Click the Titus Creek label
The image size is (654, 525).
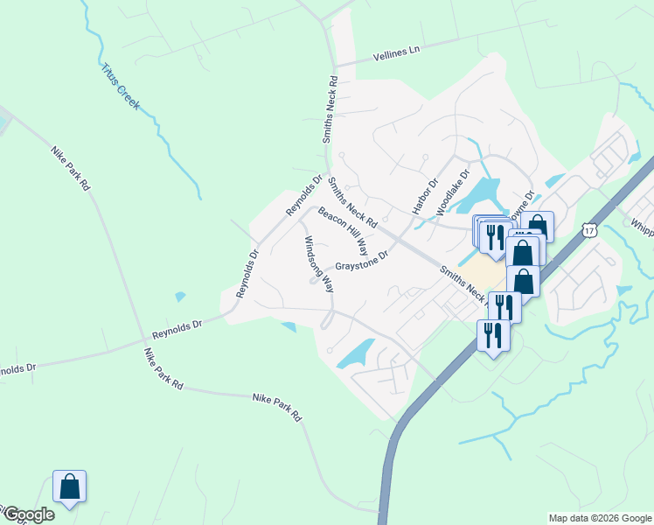[x=121, y=86]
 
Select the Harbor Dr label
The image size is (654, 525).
[x=425, y=197]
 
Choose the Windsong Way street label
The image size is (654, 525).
[x=318, y=263]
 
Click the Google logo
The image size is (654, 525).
[x=28, y=514]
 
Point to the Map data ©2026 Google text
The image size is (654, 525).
[x=599, y=518]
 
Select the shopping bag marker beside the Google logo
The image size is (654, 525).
[x=69, y=487]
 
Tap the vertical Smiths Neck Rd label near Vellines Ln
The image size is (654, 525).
[x=330, y=108]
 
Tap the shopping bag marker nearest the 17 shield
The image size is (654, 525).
[x=537, y=228]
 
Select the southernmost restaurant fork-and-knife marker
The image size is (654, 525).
[x=493, y=335]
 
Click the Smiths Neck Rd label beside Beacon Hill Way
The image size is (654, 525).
[x=352, y=203]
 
